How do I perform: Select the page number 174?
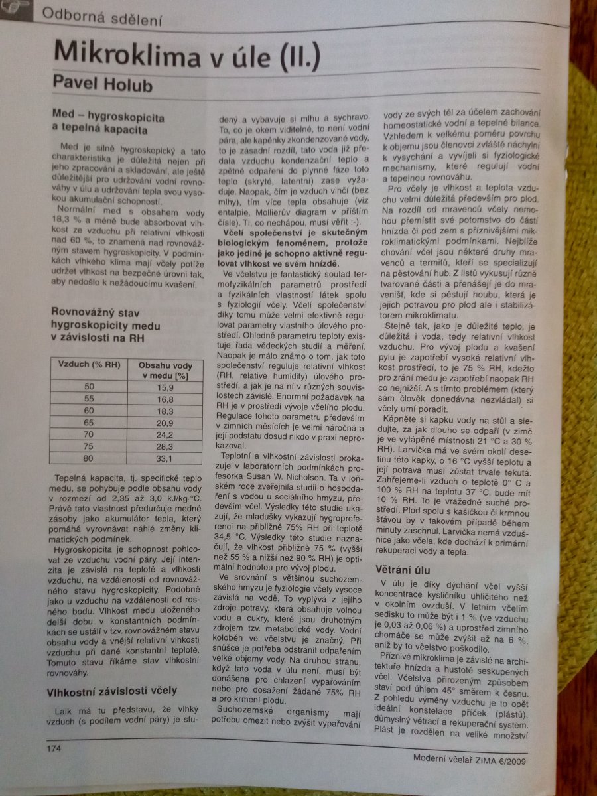(x=54, y=748)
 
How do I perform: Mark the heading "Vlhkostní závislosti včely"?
(x=111, y=692)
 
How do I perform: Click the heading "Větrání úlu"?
(x=403, y=570)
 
